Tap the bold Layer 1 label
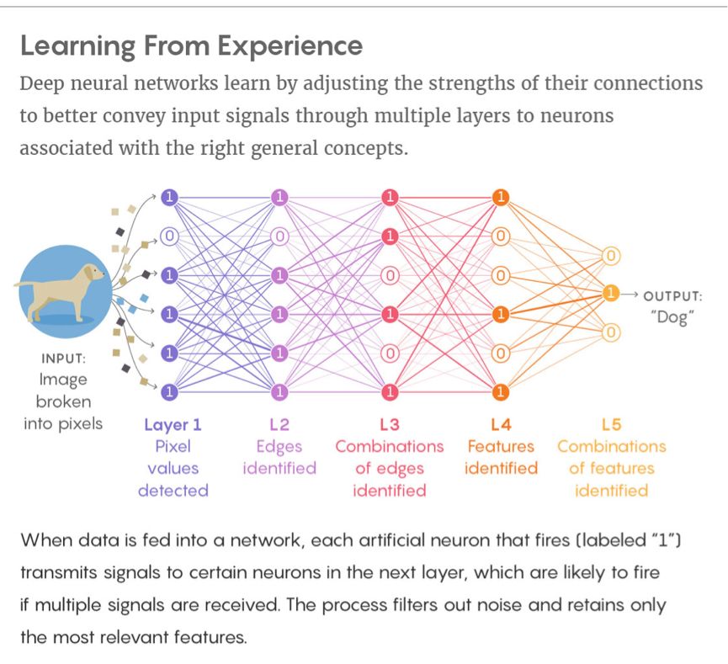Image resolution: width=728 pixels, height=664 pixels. tap(173, 424)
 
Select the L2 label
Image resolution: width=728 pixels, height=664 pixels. tap(279, 424)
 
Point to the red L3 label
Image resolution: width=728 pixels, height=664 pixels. tap(390, 424)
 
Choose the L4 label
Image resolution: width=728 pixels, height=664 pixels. tap(501, 424)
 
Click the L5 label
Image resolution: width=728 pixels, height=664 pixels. tap(611, 424)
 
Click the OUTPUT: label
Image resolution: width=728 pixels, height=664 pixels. tap(672, 295)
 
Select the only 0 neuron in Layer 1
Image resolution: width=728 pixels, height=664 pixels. tap(170, 236)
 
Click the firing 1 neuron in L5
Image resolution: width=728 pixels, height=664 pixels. tap(611, 294)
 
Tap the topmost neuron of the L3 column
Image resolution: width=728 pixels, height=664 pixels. tap(390, 198)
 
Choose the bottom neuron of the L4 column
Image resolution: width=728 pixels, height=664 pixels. tap(501, 391)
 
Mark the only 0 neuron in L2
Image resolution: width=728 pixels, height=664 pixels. tap(279, 236)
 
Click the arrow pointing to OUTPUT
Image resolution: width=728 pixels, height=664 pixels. tap(630, 295)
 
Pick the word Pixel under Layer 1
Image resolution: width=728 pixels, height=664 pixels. tap(173, 446)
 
